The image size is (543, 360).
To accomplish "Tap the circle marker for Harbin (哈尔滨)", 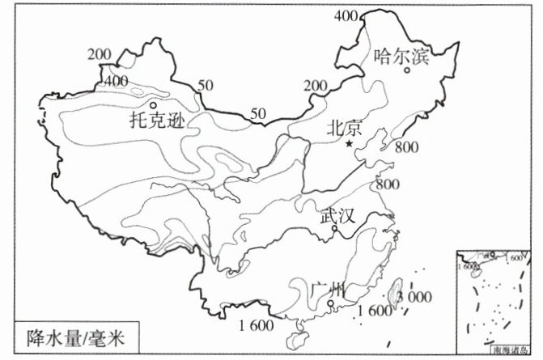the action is pos(409,70).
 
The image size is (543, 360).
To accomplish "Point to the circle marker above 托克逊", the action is pos(153,105).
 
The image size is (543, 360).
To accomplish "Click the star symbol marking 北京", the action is pos(349,143).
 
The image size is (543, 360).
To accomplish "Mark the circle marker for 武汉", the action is pos(334,229).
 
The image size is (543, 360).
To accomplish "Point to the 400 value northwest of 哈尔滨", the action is pos(346,15).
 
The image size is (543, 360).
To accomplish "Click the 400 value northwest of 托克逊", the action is pos(116,80).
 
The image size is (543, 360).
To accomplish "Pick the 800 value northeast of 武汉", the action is pos(388,184).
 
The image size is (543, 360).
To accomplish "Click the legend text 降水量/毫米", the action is pos(70,334).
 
